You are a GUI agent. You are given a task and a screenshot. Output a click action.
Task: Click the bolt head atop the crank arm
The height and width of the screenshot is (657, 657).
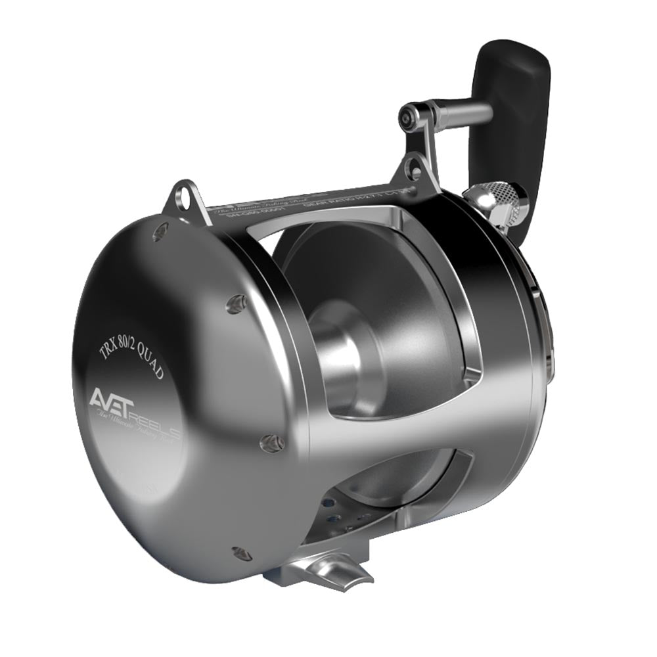[x=409, y=117]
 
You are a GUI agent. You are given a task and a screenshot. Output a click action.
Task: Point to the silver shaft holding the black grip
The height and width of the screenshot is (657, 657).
[x=460, y=113]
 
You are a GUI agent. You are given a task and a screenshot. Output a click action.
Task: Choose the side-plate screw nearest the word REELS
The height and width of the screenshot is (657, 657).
[x=271, y=443]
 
